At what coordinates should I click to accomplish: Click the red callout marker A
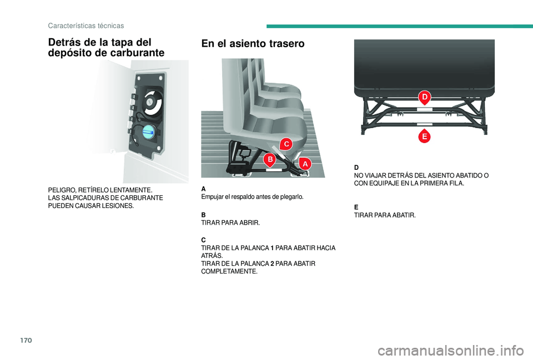pos(305,164)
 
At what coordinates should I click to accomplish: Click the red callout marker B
pos(269,160)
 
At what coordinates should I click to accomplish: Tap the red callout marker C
pos(285,144)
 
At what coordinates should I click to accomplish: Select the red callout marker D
pos(424,98)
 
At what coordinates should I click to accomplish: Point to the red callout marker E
pos(424,135)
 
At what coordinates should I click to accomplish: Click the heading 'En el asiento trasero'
pos(253,44)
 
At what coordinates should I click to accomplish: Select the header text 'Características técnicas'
pos(86,26)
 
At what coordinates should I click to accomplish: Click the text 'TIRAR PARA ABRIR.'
pos(230,222)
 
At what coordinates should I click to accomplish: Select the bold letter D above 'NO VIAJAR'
pos(356,167)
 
